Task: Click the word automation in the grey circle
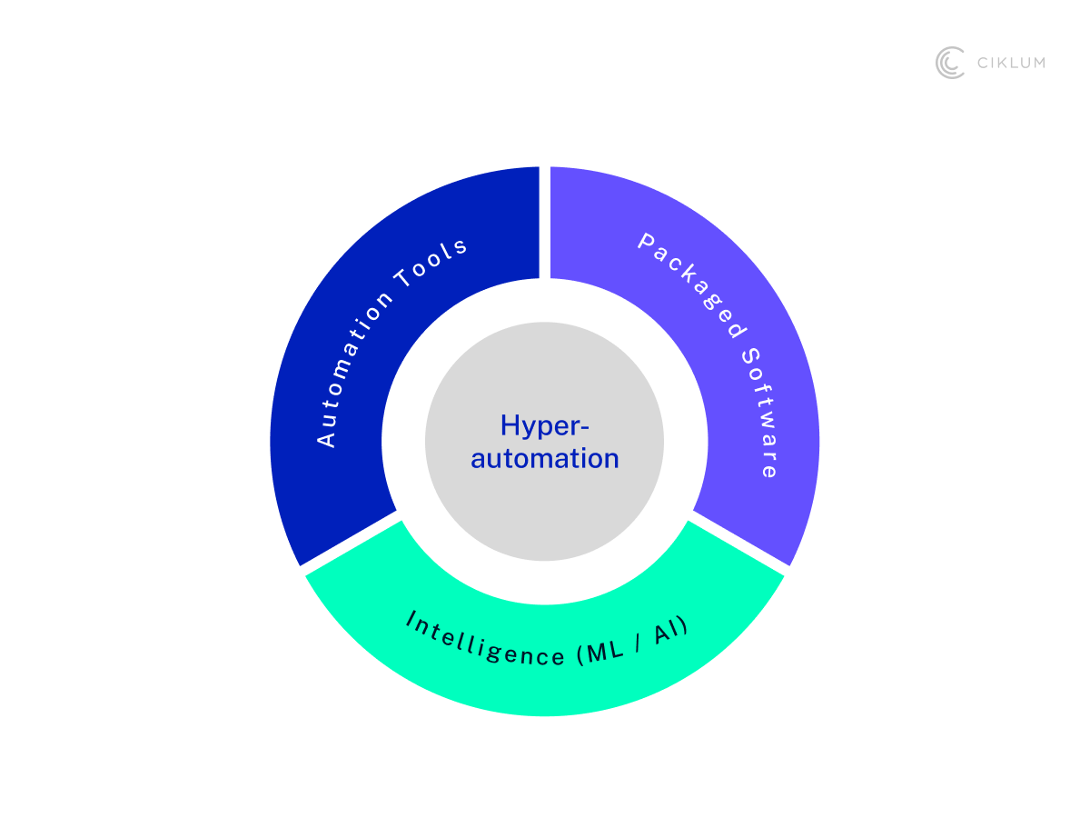coord(545,458)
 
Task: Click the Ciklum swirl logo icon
coord(950,63)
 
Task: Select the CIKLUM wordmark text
coord(1010,63)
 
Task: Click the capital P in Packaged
coord(647,241)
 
